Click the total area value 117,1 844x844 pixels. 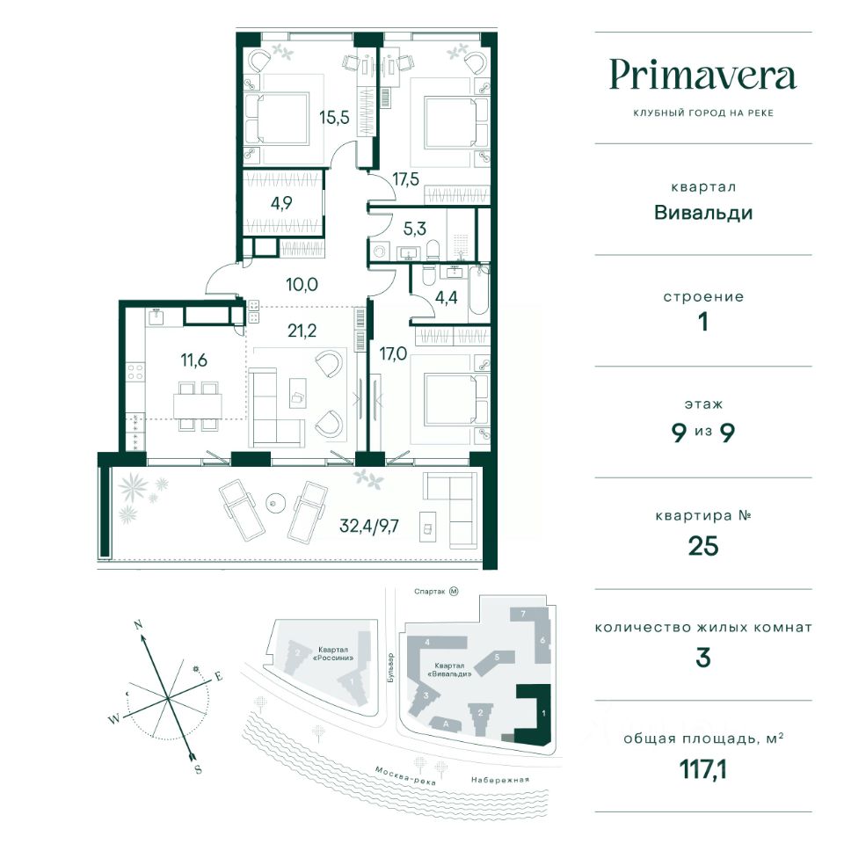702,771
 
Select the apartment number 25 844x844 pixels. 702,546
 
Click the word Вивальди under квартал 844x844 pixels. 702,212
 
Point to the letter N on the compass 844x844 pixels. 138,624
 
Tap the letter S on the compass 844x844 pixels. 198,769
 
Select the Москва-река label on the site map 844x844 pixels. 400,771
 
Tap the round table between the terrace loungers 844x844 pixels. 276,504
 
